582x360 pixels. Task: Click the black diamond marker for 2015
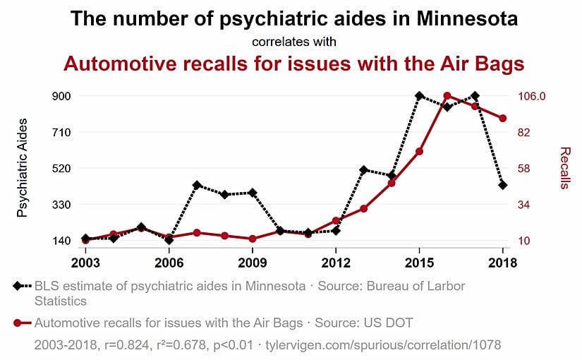pos(419,96)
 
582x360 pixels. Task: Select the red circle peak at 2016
pos(447,96)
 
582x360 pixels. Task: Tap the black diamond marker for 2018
pos(503,185)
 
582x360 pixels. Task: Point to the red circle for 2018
pos(503,119)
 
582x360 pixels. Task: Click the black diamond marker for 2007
pos(197,185)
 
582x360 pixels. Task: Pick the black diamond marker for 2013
pos(364,170)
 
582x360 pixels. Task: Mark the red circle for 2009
pos(253,239)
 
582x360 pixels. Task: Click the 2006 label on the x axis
pos(169,263)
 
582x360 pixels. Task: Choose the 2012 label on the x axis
pos(336,263)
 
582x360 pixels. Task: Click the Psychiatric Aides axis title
pos(23,168)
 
